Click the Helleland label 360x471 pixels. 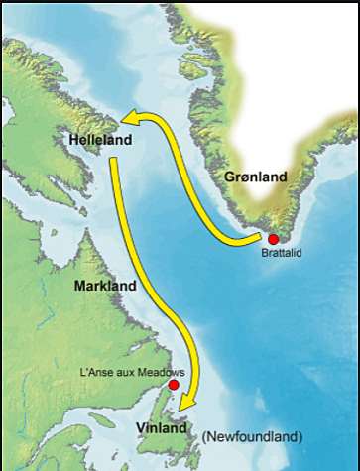click(x=100, y=141)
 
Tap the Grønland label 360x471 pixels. click(x=255, y=177)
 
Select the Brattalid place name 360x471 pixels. click(x=281, y=254)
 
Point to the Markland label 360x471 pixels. click(x=105, y=286)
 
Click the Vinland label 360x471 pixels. click(x=162, y=428)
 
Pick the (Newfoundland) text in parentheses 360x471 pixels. click(x=251, y=436)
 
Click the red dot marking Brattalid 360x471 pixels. click(x=274, y=239)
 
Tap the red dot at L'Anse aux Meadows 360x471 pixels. click(x=174, y=385)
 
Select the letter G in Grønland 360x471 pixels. click(x=229, y=177)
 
